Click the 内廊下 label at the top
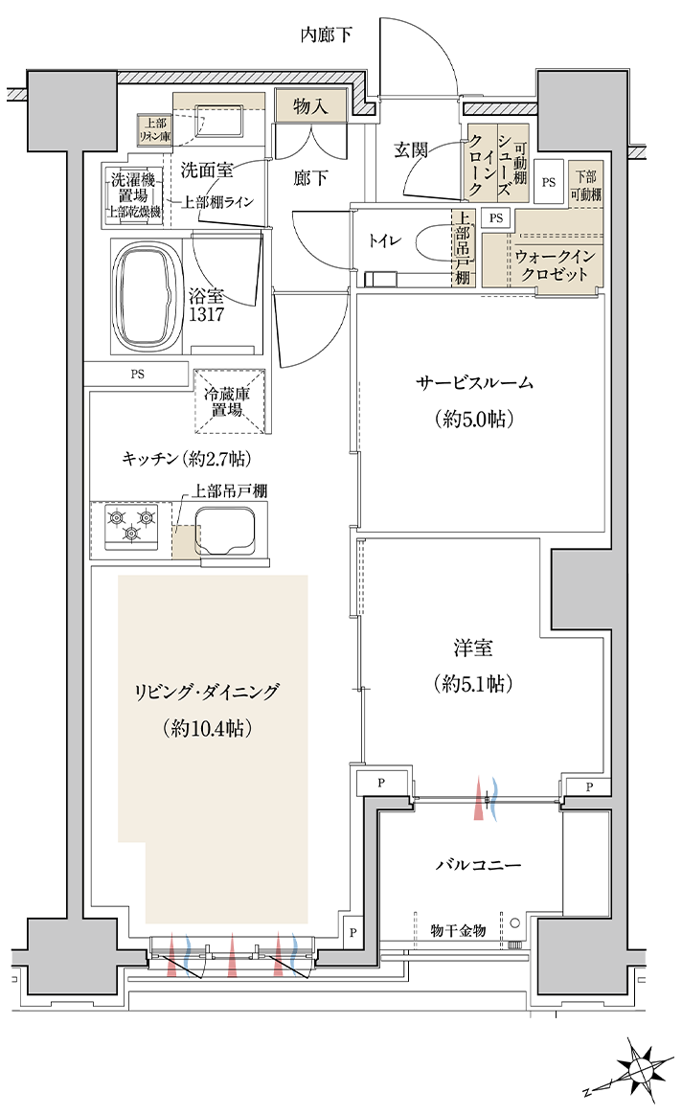tap(326, 34)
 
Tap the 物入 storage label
tap(310, 106)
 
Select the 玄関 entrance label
tap(410, 150)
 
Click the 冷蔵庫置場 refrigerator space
tap(230, 401)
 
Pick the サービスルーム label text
tap(473, 383)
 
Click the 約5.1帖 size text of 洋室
tap(472, 684)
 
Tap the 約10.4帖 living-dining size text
tap(207, 728)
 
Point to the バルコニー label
tap(478, 865)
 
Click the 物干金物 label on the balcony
tap(458, 930)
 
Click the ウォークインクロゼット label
tap(555, 265)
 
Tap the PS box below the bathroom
tap(137, 374)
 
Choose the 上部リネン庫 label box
tap(155, 129)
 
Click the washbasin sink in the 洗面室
tap(219, 118)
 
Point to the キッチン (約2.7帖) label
tap(187, 459)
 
